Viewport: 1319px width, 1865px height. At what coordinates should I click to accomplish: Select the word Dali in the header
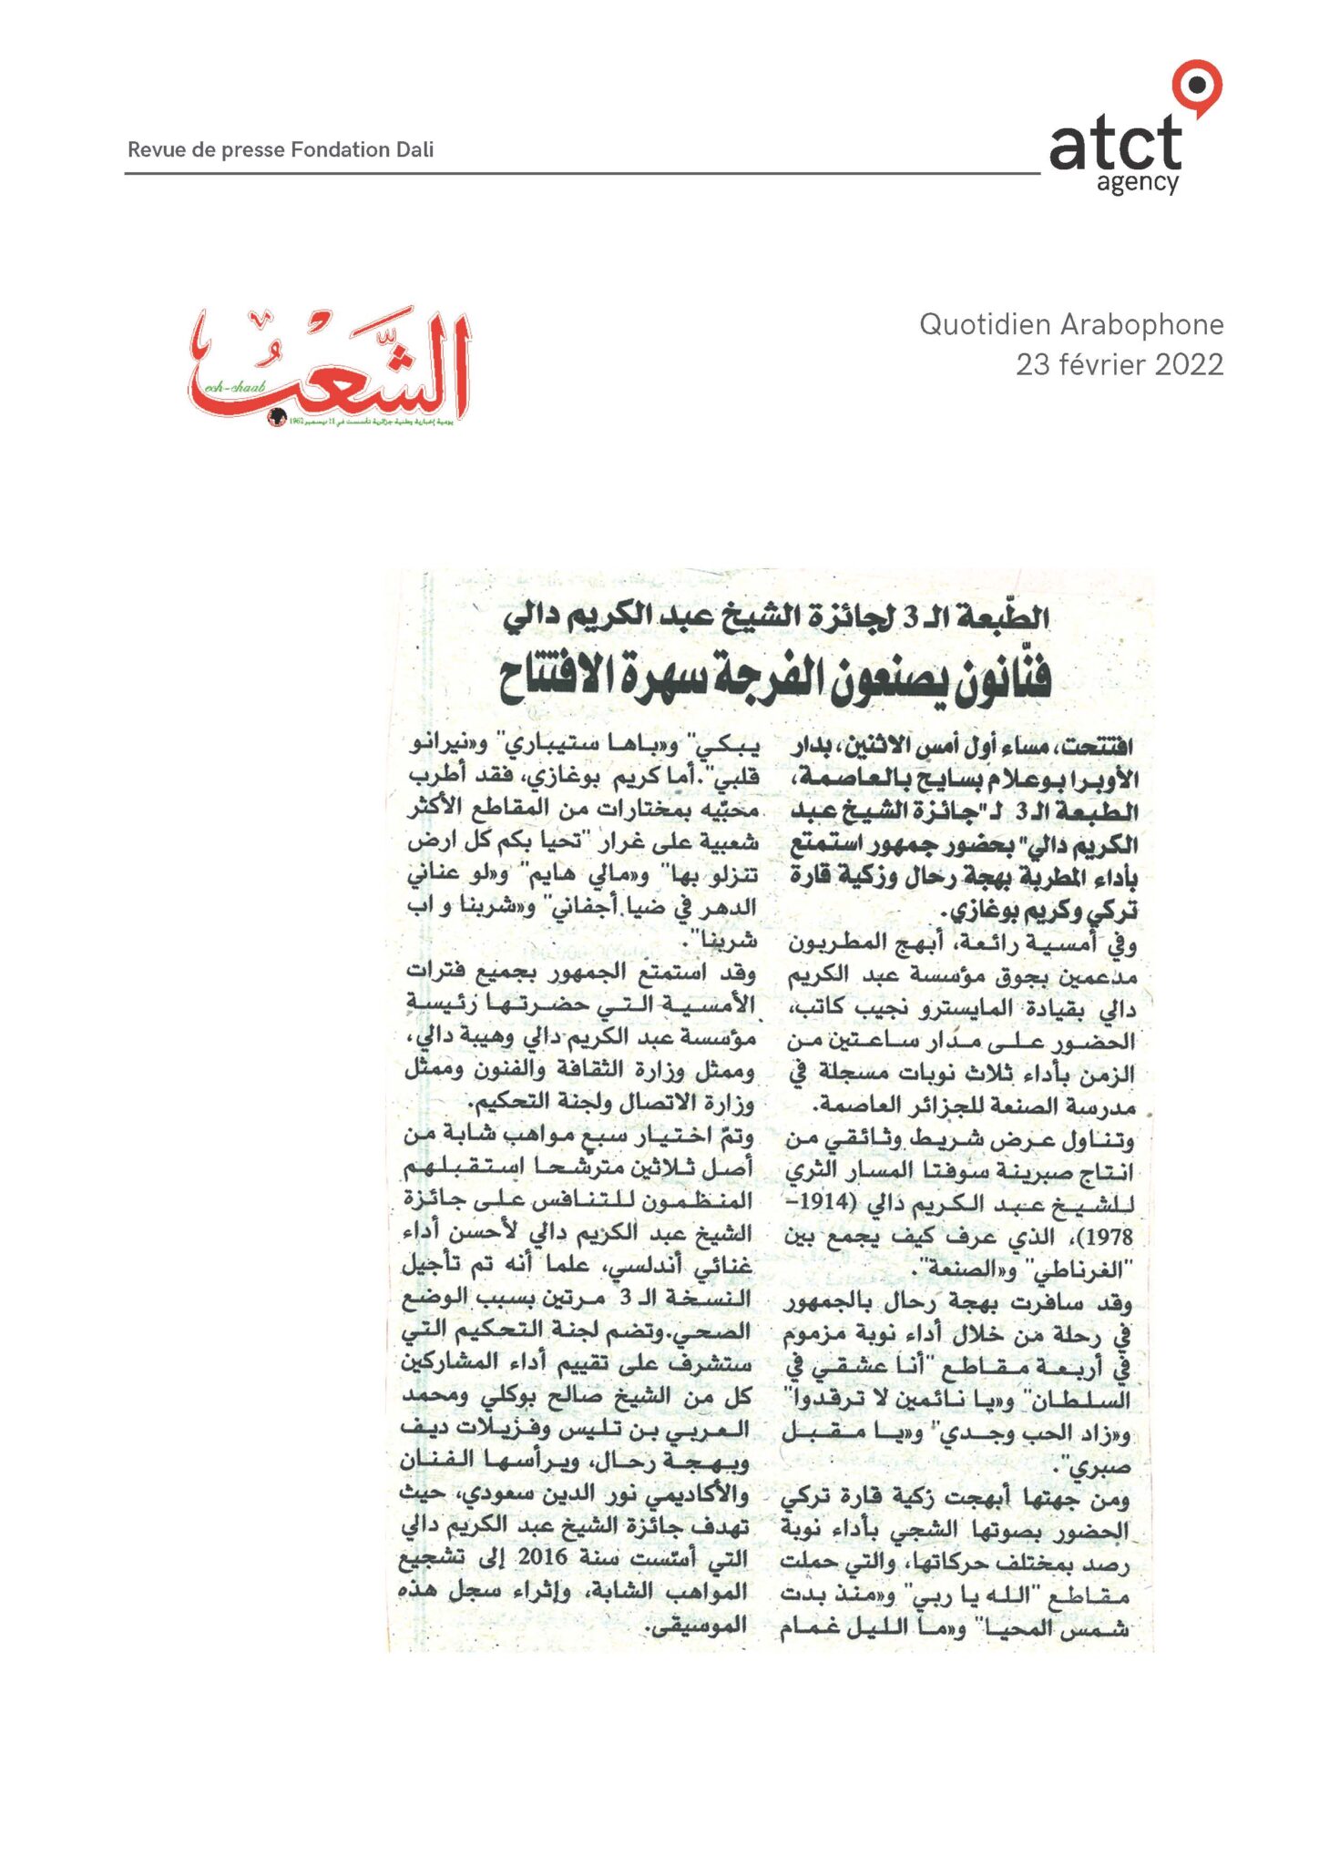(x=414, y=150)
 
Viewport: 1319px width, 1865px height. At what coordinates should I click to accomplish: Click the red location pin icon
(x=1196, y=87)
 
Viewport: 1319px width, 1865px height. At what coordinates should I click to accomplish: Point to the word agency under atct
(x=1137, y=183)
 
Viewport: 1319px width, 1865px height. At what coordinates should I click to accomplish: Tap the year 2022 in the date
(x=1189, y=365)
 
